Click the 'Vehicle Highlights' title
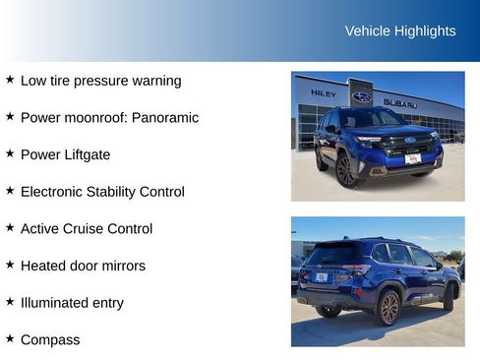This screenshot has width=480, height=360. (x=400, y=30)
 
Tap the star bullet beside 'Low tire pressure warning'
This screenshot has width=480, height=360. (x=10, y=80)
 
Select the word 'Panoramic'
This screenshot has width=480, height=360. (x=164, y=117)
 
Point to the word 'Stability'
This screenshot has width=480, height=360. (x=121, y=192)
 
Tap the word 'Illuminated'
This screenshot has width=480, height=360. (x=57, y=303)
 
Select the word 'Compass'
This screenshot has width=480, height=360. (x=50, y=339)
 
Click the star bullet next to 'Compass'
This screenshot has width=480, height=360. (x=10, y=338)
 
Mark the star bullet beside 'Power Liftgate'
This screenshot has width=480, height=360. (x=10, y=153)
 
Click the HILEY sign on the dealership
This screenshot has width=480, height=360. (x=323, y=93)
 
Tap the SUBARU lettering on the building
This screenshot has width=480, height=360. (x=399, y=103)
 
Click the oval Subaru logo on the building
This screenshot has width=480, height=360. (x=362, y=96)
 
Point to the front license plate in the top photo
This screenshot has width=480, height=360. (x=412, y=158)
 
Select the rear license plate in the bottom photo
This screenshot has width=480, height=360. (x=321, y=277)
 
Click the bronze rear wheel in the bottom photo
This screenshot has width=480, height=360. (x=389, y=307)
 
